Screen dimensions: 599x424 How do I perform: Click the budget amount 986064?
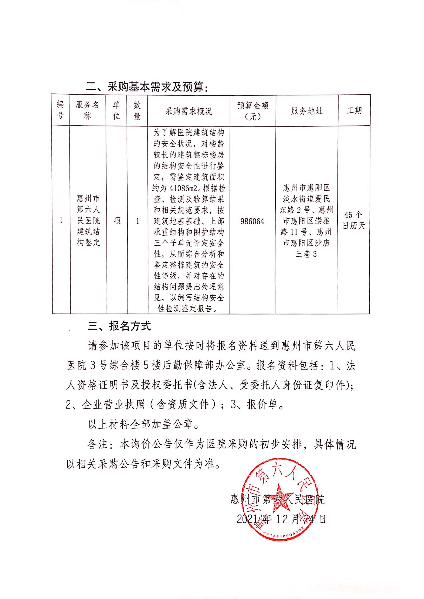(252, 221)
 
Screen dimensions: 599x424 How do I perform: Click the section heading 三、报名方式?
(119, 326)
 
